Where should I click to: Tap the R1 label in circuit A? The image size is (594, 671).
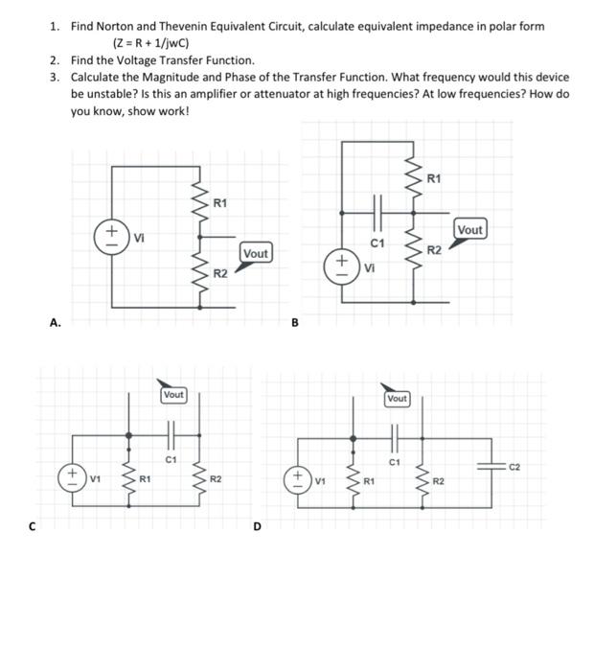[x=219, y=202]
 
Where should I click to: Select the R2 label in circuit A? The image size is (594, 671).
[x=219, y=274]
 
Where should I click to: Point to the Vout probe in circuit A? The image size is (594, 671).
[x=255, y=254]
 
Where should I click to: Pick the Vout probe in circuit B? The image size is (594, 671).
[x=469, y=230]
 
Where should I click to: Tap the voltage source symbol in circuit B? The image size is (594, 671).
[x=339, y=264]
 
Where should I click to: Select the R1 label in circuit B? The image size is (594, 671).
[x=433, y=177]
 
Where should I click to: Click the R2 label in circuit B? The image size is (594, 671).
[x=433, y=250]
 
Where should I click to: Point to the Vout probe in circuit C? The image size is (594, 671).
[x=173, y=395]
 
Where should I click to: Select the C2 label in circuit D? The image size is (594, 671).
[x=515, y=467]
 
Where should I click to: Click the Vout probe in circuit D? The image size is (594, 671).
[x=397, y=398]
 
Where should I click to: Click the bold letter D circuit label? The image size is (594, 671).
[x=256, y=525]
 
